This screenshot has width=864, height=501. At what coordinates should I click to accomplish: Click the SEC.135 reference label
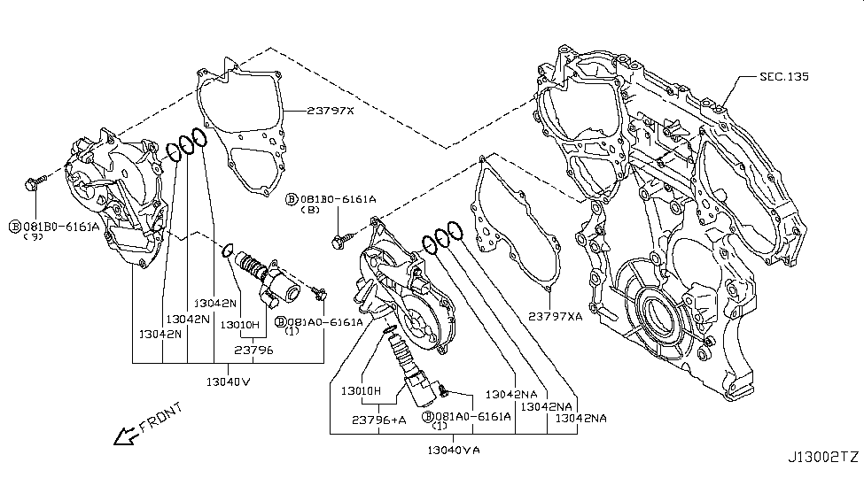[783, 77]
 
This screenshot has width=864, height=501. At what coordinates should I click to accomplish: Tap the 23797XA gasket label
[556, 315]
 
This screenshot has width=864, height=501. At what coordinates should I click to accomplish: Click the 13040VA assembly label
[453, 450]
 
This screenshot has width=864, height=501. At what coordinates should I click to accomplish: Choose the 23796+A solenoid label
[378, 420]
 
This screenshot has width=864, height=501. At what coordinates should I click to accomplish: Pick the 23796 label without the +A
[255, 351]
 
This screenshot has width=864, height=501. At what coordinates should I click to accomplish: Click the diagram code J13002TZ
[823, 457]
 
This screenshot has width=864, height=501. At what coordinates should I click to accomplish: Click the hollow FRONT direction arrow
[125, 435]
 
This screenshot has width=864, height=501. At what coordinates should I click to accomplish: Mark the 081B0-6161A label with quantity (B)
[331, 201]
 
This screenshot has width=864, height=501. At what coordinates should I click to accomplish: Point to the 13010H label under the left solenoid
[239, 325]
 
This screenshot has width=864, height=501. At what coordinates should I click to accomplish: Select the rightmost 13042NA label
[575, 418]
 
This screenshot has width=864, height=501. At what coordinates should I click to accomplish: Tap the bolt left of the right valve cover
[345, 237]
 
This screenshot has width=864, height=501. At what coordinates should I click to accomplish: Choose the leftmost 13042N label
[160, 334]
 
